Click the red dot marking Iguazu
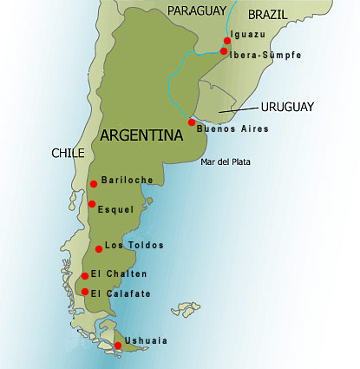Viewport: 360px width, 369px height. pyautogui.click(x=227, y=41)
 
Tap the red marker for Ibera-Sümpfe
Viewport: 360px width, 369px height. pyautogui.click(x=224, y=52)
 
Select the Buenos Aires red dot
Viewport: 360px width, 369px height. pyautogui.click(x=192, y=122)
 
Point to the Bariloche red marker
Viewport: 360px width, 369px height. pyautogui.click(x=94, y=183)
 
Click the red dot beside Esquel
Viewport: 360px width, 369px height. pyautogui.click(x=92, y=204)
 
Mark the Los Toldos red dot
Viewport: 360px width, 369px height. pyautogui.click(x=99, y=249)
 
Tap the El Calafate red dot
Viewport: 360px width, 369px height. pyautogui.click(x=85, y=291)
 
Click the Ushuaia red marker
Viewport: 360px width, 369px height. pyautogui.click(x=118, y=346)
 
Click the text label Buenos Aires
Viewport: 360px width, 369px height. pyautogui.click(x=232, y=129)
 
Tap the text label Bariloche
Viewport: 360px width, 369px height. pyautogui.click(x=127, y=181)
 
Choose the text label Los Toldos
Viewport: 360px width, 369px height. pyautogui.click(x=134, y=245)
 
